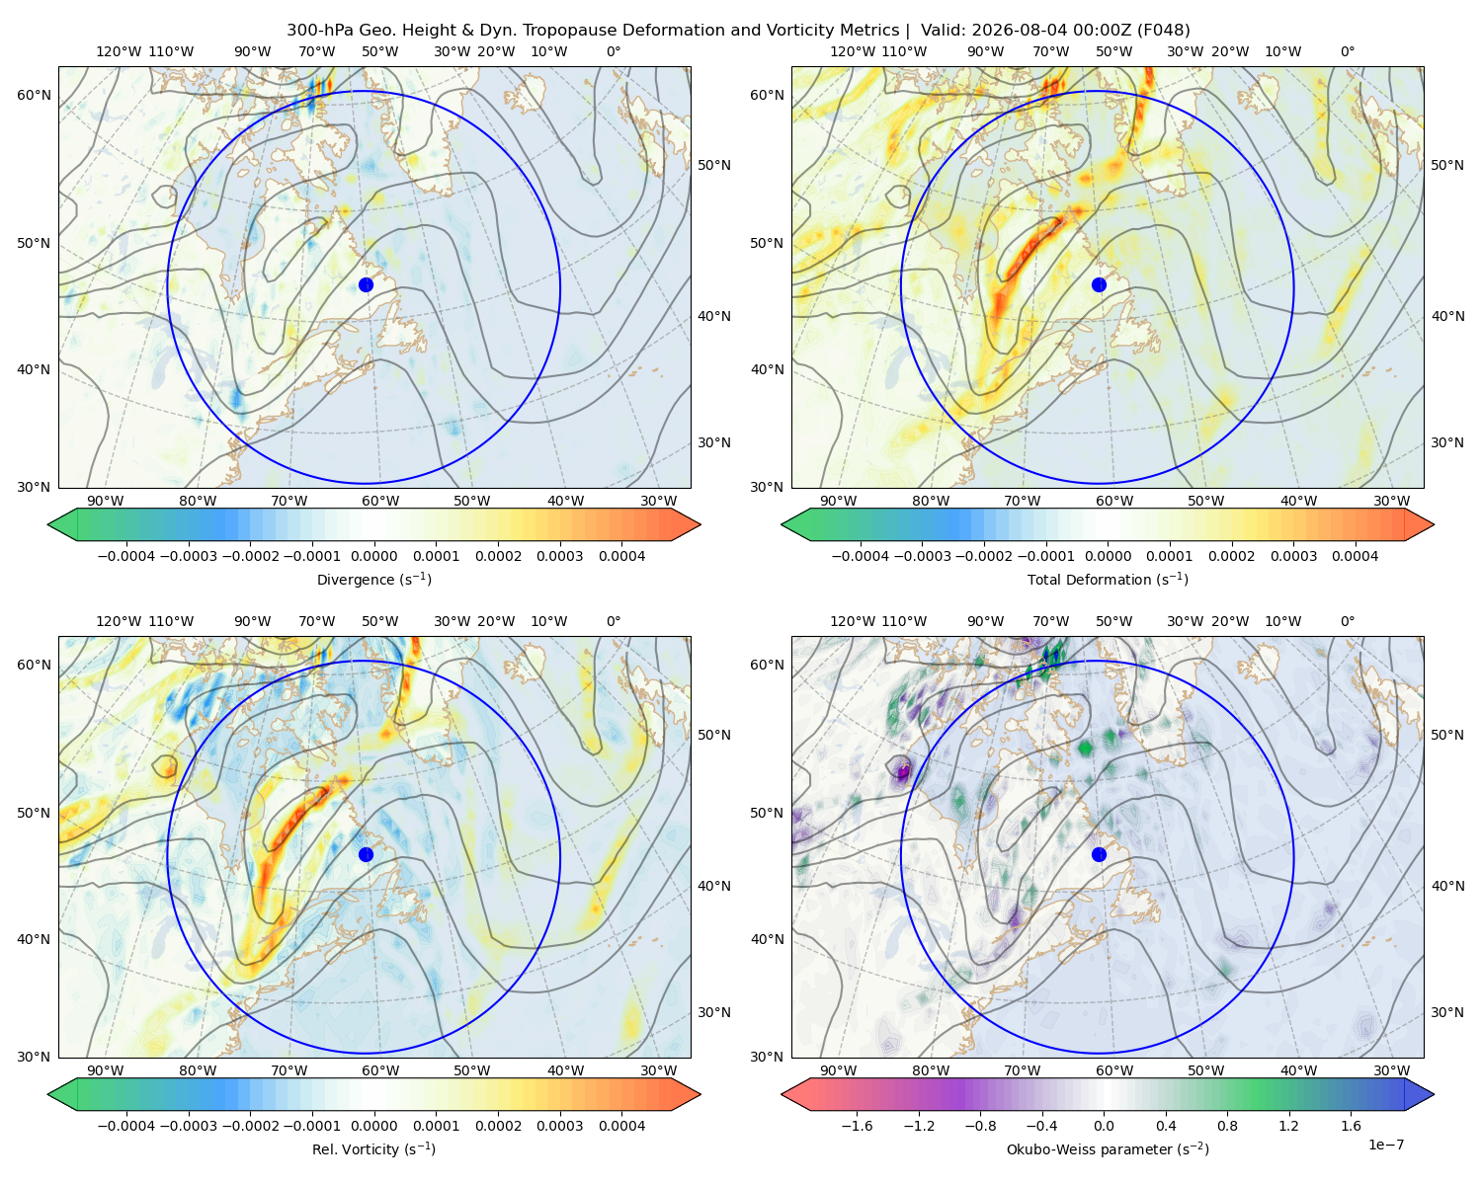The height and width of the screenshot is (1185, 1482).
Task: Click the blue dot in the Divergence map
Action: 366,284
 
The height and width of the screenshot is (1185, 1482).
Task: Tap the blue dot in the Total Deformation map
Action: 1099,284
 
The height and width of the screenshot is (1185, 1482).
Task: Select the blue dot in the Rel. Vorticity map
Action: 366,854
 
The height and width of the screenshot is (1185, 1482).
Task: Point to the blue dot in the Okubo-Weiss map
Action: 1099,854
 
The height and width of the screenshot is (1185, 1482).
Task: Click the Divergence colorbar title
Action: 373,579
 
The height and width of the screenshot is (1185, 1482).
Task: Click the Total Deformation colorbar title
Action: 1108,579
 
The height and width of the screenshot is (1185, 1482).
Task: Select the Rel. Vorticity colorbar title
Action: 373,1148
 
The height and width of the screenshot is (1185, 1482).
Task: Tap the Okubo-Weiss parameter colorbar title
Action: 1108,1148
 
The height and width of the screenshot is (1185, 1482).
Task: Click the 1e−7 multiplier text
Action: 1385,1145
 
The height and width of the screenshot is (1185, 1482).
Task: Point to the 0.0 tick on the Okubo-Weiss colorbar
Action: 1104,1125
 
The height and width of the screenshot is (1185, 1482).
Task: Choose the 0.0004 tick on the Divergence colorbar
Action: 621,556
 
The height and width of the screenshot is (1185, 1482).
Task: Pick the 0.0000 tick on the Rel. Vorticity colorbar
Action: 373,1125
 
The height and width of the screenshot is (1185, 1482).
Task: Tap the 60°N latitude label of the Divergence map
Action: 34,95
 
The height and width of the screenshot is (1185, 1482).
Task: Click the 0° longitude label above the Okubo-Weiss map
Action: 1347,620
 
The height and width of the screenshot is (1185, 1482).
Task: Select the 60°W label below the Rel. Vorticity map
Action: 380,1069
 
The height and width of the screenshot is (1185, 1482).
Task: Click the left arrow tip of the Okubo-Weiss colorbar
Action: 782,1093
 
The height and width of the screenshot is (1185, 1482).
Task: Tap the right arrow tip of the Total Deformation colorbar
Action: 1434,524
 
